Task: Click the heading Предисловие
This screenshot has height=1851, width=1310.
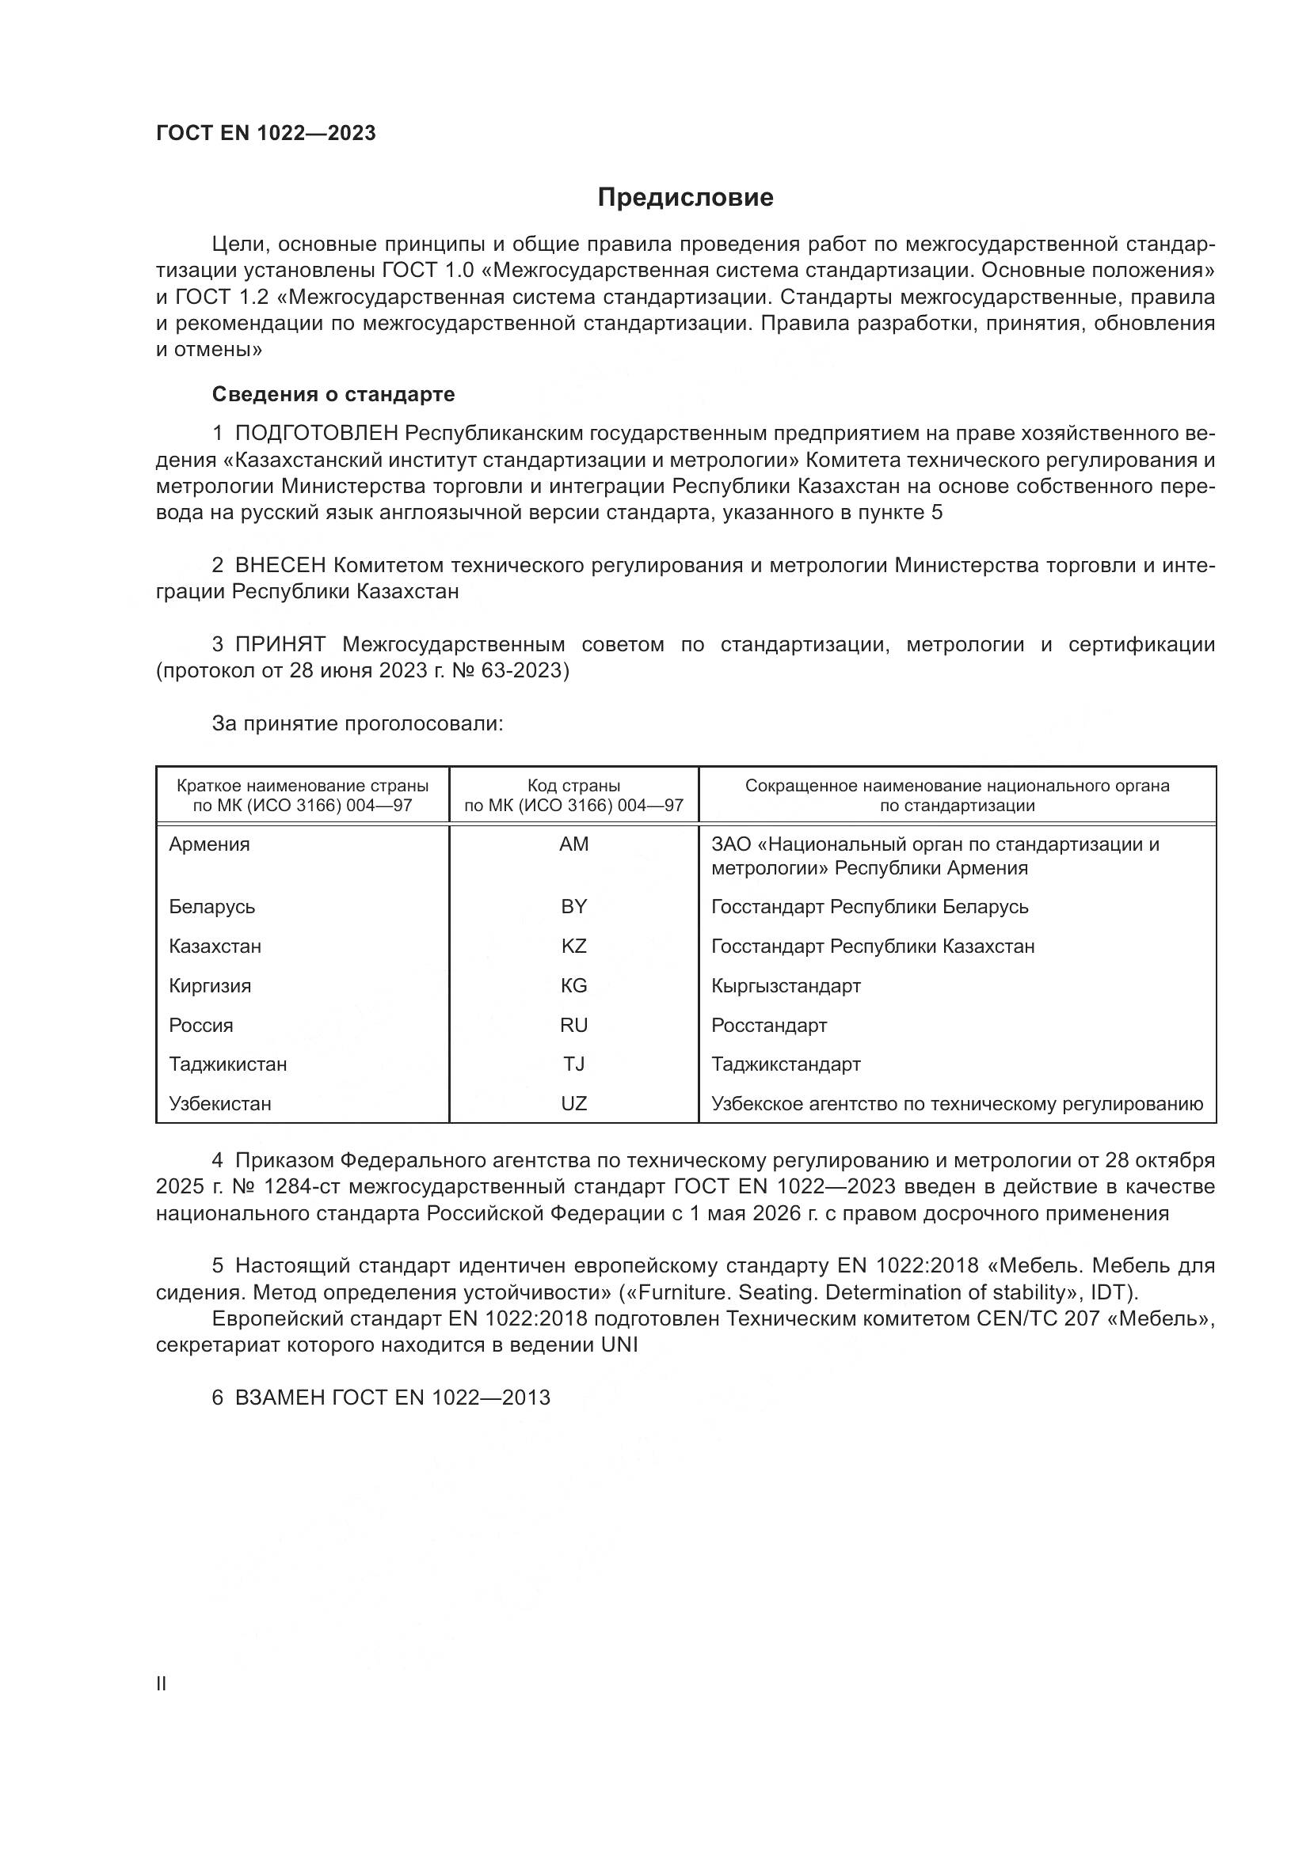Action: [x=685, y=198]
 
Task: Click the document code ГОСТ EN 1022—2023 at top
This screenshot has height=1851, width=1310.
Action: [x=265, y=133]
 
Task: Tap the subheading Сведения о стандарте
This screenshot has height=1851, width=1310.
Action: [x=333, y=394]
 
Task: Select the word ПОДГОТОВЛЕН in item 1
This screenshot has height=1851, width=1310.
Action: [x=316, y=434]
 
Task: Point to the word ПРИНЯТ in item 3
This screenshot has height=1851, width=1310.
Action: [x=280, y=644]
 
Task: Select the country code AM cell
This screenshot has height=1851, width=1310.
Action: [x=573, y=844]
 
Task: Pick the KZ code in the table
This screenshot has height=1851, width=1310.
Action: [x=573, y=946]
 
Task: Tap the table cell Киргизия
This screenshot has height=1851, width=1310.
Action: [x=210, y=985]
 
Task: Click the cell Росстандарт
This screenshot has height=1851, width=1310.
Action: [x=769, y=1026]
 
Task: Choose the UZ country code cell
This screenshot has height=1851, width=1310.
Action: [x=573, y=1104]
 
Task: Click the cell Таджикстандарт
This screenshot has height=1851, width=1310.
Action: [x=786, y=1064]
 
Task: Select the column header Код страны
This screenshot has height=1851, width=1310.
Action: [x=573, y=786]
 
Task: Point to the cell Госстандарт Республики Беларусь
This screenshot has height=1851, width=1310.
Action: [x=870, y=907]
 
